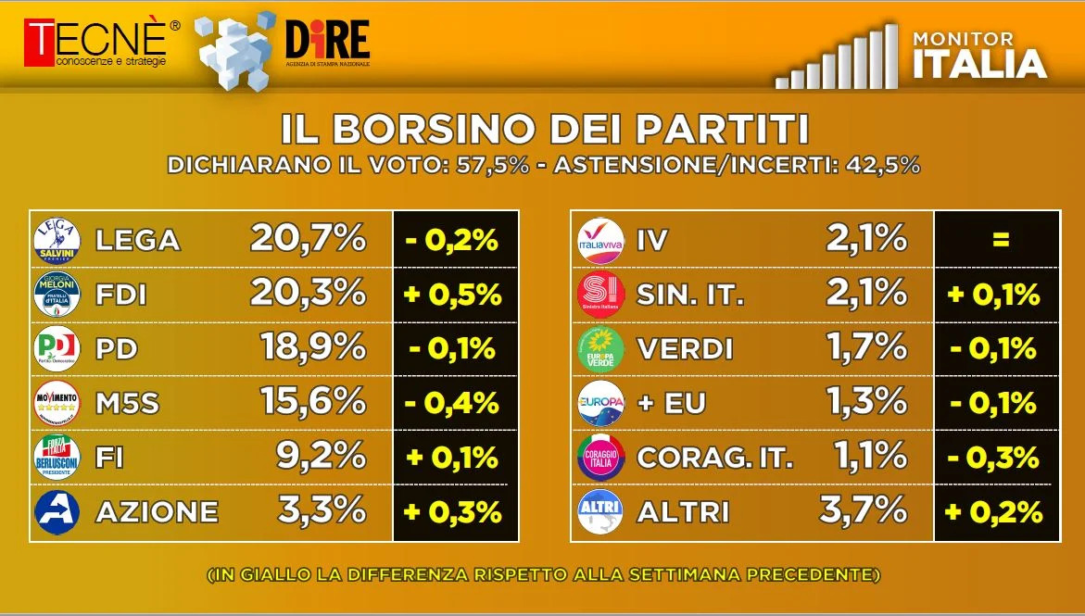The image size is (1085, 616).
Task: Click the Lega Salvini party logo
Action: click(57, 241)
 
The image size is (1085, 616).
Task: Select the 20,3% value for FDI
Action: click(308, 294)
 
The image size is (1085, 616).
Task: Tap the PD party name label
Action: click(116, 348)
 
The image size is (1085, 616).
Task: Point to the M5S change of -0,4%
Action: click(452, 403)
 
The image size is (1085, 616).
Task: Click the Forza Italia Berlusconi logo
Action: click(57, 457)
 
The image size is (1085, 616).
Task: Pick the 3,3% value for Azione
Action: click(322, 510)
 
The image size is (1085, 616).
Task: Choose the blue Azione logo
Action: click(57, 512)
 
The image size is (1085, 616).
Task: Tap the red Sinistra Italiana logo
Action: click(600, 295)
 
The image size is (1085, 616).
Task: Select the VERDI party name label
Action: click(685, 348)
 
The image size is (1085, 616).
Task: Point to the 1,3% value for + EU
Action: click(867, 402)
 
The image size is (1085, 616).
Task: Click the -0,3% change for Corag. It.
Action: click(993, 458)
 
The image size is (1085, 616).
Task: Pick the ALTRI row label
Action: click(682, 512)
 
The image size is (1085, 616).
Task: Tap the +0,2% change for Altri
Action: click(993, 511)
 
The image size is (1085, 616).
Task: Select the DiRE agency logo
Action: click(327, 43)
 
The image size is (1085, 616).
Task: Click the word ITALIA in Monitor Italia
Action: click(979, 64)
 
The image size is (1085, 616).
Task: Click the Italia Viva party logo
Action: click(600, 241)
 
